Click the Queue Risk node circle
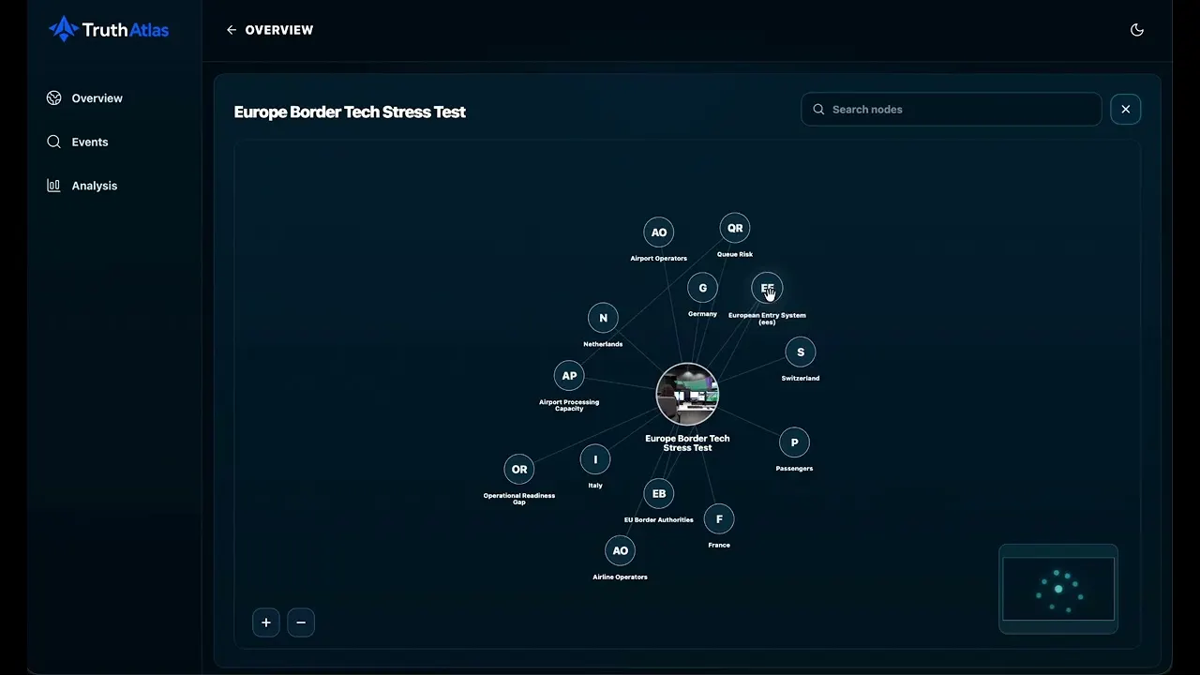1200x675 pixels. [734, 228]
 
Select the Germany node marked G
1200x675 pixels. [702, 288]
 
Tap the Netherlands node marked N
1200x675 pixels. [603, 318]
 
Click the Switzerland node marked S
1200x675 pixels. [801, 352]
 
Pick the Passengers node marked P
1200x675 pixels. [794, 442]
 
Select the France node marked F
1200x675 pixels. [719, 518]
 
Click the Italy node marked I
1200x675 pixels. [594, 459]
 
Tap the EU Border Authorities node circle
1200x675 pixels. [659, 493]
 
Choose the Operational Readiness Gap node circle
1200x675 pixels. [519, 470]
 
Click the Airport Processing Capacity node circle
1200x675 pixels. [569, 376]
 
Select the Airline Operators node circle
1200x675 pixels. [620, 550]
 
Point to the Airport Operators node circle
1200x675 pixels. [658, 232]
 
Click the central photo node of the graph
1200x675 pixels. [687, 395]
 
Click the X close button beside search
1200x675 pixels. [1126, 110]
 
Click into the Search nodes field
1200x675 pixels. [952, 110]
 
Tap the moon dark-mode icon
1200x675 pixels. [1137, 30]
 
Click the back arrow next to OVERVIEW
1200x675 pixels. [232, 30]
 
